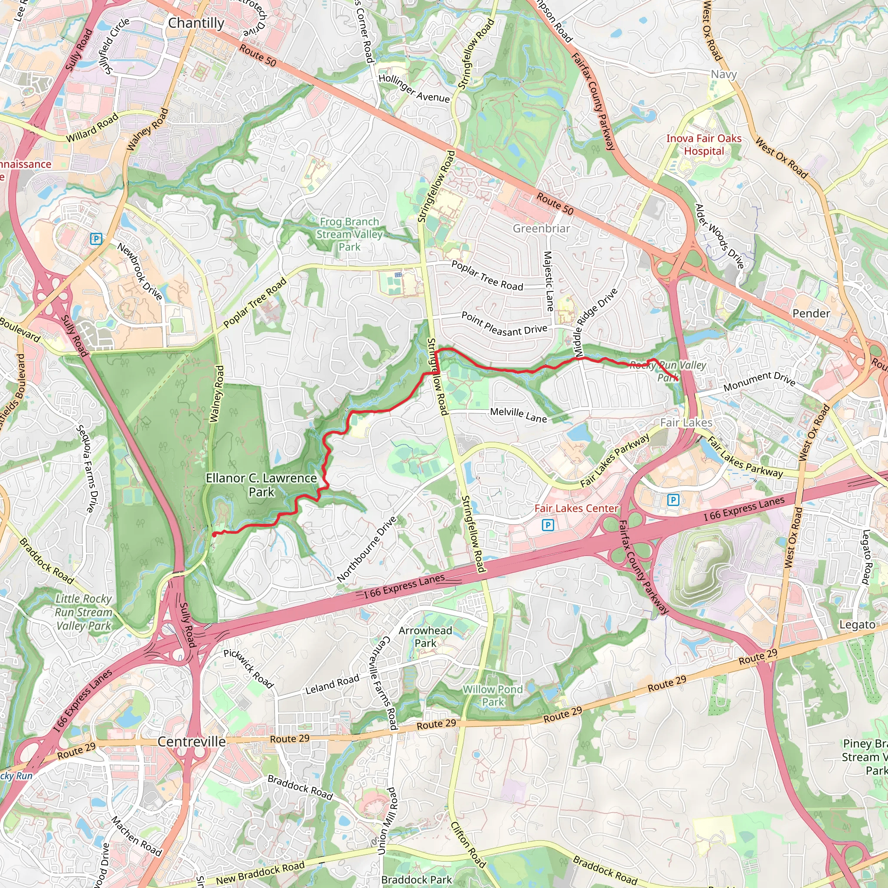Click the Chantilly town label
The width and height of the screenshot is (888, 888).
pyautogui.click(x=196, y=23)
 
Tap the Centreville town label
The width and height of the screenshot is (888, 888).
pyautogui.click(x=192, y=741)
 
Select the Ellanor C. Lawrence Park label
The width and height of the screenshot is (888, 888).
pyautogui.click(x=261, y=485)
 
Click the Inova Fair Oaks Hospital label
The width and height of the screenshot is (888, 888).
pyautogui.click(x=704, y=145)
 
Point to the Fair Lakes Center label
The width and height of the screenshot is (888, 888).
pyautogui.click(x=576, y=508)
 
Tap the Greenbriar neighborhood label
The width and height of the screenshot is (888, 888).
pyautogui.click(x=541, y=229)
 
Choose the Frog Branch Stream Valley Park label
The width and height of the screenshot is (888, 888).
pyautogui.click(x=349, y=235)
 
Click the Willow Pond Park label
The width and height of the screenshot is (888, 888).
pyautogui.click(x=493, y=696)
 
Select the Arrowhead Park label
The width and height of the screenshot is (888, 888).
pyautogui.click(x=425, y=637)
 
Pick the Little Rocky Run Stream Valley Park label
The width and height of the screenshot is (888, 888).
pyautogui.click(x=84, y=612)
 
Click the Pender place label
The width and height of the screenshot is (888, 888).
pyautogui.click(x=811, y=313)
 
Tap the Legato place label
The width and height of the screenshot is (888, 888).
pyautogui.click(x=857, y=625)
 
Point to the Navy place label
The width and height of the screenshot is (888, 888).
pyautogui.click(x=724, y=74)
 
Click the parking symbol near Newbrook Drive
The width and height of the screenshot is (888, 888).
pyautogui.click(x=96, y=238)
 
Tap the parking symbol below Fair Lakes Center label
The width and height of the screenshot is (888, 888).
pyautogui.click(x=548, y=525)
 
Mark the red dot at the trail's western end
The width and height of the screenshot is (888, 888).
pyautogui.click(x=214, y=535)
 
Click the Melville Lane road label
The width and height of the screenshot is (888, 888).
pyautogui.click(x=519, y=415)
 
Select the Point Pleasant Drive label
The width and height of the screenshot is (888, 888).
pyautogui.click(x=504, y=324)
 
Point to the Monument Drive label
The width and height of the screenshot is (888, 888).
pyautogui.click(x=759, y=382)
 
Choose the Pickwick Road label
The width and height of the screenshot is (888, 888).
pyautogui.click(x=248, y=669)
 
